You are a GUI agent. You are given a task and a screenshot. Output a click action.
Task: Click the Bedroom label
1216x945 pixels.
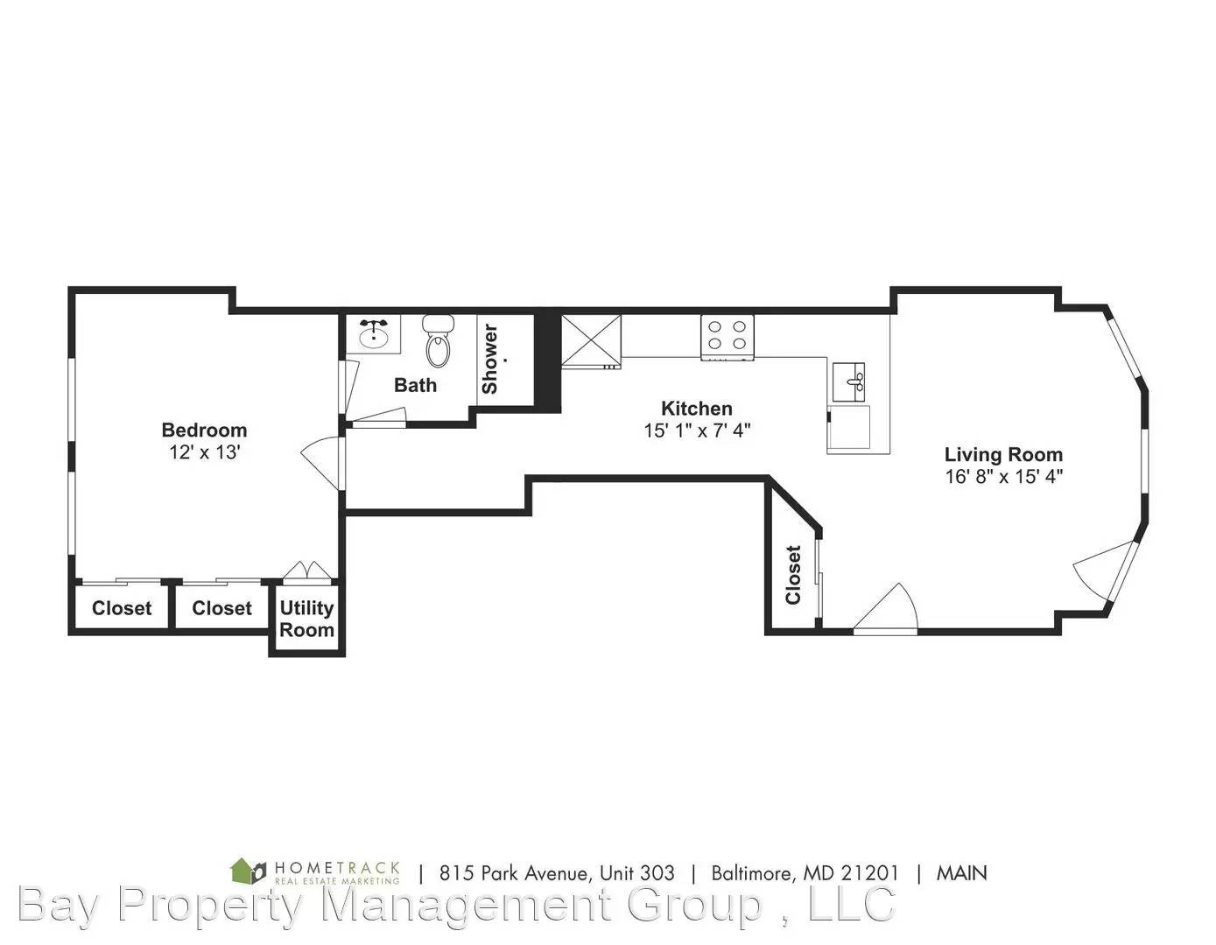[x=204, y=430]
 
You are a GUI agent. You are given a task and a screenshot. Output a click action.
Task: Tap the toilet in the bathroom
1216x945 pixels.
[x=439, y=340]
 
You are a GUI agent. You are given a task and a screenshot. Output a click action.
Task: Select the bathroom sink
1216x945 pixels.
[x=373, y=334]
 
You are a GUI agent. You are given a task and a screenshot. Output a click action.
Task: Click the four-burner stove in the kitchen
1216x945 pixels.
[x=727, y=337]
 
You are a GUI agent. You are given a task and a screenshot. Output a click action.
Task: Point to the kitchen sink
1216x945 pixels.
[x=848, y=381]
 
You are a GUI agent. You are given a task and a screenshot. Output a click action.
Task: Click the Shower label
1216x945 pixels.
[x=489, y=359]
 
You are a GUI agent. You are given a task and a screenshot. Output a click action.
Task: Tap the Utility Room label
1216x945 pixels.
[x=306, y=619]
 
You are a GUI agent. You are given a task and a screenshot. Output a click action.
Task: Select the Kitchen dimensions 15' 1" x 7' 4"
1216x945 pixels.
[x=697, y=430]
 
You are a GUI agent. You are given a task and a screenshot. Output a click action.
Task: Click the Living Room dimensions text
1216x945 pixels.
[x=1004, y=476]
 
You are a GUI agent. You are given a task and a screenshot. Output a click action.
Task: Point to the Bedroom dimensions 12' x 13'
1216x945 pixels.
[x=205, y=451]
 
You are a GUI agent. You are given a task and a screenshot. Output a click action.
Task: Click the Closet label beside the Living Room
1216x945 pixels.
[x=793, y=575]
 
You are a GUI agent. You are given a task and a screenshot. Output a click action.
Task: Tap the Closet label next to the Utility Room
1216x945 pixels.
[x=221, y=608]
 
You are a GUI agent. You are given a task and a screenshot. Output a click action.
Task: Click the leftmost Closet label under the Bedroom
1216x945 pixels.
[x=122, y=608]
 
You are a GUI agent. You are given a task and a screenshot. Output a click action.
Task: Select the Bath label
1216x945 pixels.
[x=415, y=385]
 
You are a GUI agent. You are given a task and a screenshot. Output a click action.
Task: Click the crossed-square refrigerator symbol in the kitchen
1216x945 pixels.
[x=591, y=340]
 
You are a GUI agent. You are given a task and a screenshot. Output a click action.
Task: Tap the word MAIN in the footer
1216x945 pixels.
[x=962, y=873]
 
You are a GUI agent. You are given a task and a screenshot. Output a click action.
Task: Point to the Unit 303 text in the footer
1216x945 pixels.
[x=637, y=873]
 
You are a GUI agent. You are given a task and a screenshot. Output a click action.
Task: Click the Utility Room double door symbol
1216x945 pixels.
[x=306, y=570]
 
